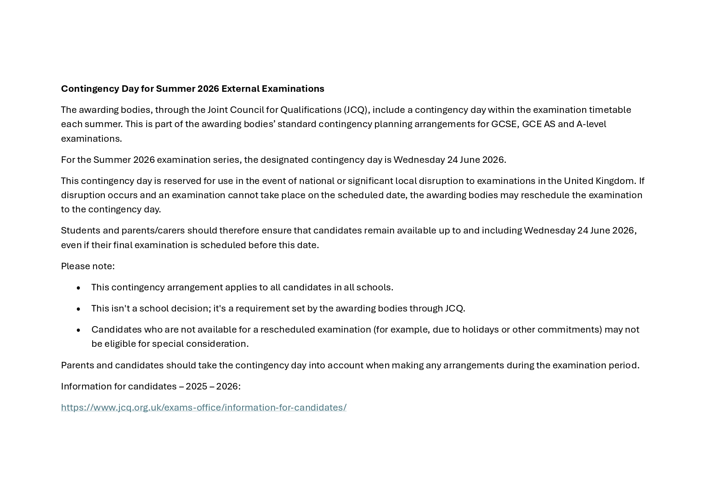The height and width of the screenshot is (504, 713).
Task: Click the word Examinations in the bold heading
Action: tap(293, 89)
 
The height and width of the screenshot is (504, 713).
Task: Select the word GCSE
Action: tap(505, 124)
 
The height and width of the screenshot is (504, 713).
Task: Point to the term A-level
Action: tap(591, 124)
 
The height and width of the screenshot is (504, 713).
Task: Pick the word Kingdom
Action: tap(615, 181)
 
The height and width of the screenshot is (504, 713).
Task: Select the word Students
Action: tap(80, 230)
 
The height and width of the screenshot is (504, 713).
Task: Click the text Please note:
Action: tap(88, 266)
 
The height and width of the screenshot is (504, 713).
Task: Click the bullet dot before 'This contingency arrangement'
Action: tap(78, 288)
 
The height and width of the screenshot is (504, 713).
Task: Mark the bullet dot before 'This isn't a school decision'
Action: tap(78, 309)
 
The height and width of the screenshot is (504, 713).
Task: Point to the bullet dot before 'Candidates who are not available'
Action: tap(78, 330)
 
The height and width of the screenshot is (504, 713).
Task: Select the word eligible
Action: tap(120, 344)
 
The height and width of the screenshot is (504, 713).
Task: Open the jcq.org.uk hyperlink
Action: tap(204, 407)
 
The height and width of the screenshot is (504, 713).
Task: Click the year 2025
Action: tap(197, 386)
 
